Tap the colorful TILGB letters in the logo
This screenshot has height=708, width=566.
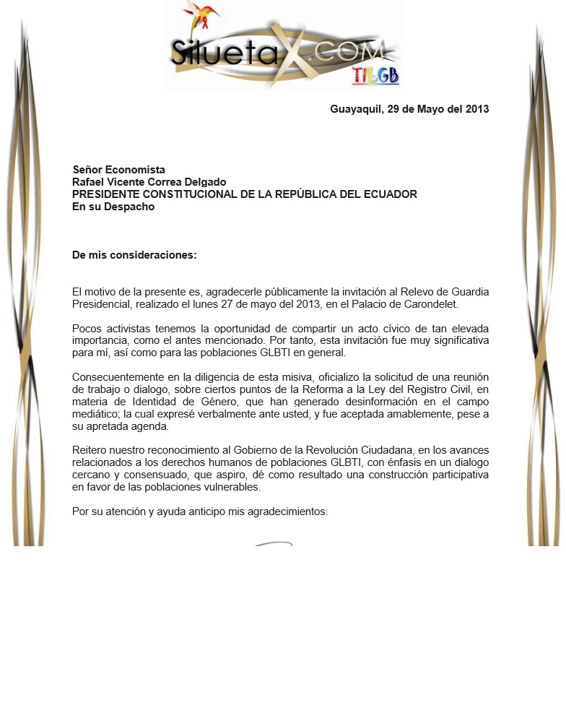click(375, 75)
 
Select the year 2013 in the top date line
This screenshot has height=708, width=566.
click(476, 110)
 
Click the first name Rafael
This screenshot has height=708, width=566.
click(90, 183)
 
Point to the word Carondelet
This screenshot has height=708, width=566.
click(432, 305)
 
